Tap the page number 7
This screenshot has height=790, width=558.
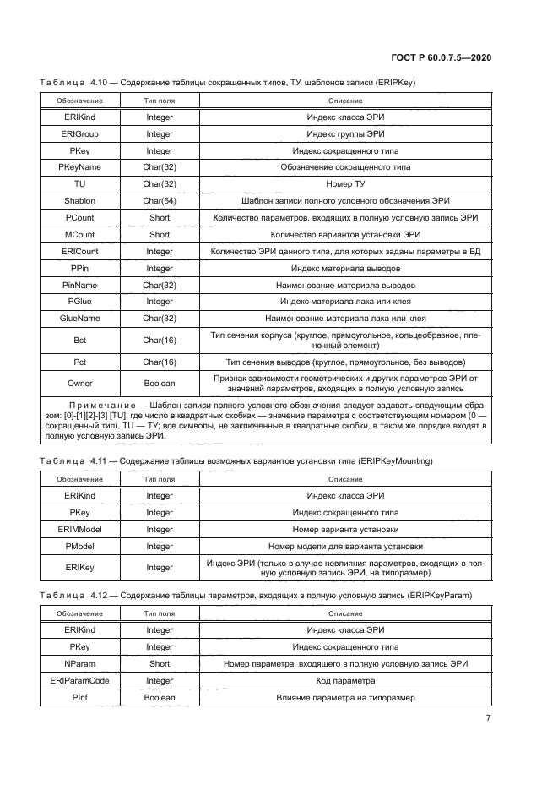pyautogui.click(x=489, y=718)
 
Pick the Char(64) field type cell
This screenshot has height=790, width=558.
pyautogui.click(x=159, y=200)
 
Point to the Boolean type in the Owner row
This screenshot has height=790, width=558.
pyautogui.click(x=159, y=384)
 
